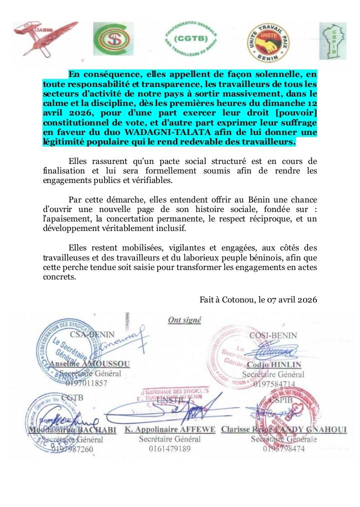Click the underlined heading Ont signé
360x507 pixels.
click(x=184, y=320)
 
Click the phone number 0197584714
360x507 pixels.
click(x=274, y=384)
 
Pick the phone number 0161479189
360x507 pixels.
click(x=169, y=448)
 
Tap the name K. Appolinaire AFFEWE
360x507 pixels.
click(x=169, y=429)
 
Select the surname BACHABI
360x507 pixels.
click(x=96, y=430)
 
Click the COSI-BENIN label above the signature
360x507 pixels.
click(x=273, y=335)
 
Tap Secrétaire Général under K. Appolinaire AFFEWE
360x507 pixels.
click(x=169, y=439)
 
